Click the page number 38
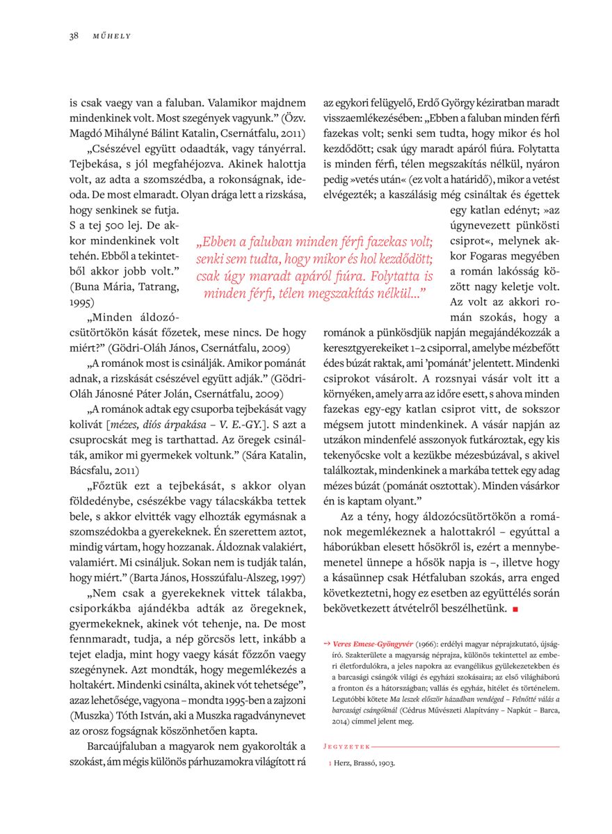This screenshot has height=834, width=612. (x=73, y=36)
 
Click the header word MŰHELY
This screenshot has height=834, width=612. (x=112, y=36)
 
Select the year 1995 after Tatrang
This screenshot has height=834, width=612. (x=81, y=303)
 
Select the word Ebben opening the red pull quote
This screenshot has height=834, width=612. (x=218, y=243)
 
